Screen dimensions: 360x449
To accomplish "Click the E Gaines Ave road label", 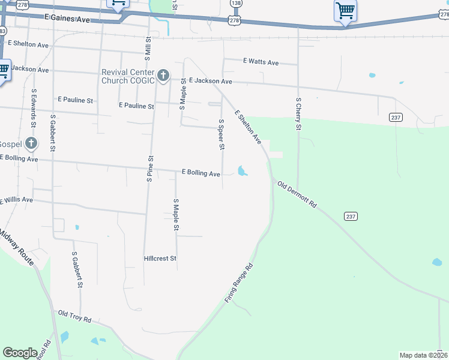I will click(x=67, y=20).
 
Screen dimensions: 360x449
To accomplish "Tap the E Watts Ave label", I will click(x=261, y=62).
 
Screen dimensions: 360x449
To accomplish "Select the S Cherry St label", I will click(x=298, y=114).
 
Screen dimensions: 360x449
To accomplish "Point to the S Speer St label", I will click(x=221, y=134).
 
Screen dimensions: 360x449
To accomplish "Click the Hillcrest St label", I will click(x=160, y=259).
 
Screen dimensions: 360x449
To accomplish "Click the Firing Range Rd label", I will click(x=240, y=282).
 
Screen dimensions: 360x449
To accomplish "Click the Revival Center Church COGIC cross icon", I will click(x=163, y=76).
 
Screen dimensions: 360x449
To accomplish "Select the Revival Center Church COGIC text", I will click(x=128, y=76).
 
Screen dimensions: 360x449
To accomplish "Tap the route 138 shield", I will click(x=236, y=4).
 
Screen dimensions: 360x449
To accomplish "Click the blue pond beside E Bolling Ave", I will click(x=242, y=171).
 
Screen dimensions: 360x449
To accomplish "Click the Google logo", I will click(x=20, y=353).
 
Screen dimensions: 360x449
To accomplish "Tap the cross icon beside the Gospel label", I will click(x=31, y=144).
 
